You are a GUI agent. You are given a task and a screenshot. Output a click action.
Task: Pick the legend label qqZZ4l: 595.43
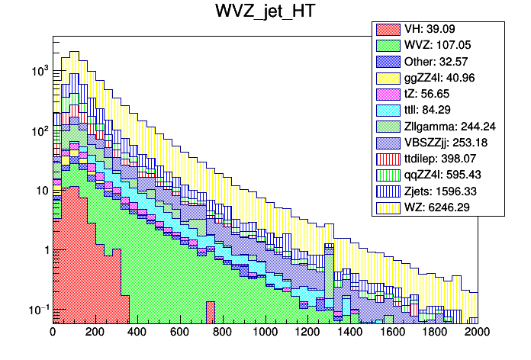445,174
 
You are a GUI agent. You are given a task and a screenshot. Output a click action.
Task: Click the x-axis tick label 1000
265,333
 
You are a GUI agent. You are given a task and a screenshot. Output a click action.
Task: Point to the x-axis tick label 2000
478,333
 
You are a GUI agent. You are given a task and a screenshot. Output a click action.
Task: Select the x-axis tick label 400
138,333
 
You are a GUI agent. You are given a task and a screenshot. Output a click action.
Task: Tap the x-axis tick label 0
53,333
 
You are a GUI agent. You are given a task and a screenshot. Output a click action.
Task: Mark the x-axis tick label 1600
393,333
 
